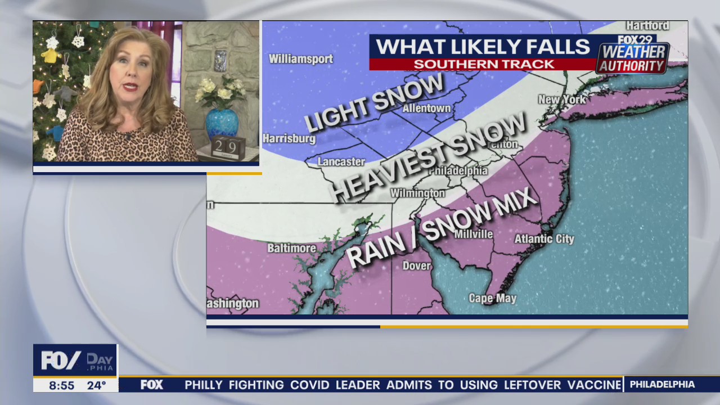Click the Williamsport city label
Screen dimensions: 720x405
click(300, 59)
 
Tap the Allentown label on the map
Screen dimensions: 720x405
click(426, 108)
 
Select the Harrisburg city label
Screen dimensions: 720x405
click(289, 138)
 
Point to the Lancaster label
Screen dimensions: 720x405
click(341, 162)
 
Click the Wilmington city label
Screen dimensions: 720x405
click(417, 193)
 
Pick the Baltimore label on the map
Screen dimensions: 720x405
click(291, 248)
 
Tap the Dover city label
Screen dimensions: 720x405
click(416, 266)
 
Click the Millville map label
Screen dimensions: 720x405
click(473, 234)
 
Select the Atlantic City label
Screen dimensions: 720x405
click(544, 239)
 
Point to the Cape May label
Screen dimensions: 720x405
click(492, 298)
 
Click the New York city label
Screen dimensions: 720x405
click(562, 100)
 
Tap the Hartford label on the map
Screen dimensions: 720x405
click(647, 26)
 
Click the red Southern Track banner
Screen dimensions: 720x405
click(484, 64)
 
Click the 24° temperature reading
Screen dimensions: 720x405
click(96, 385)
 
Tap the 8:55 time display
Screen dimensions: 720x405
click(61, 385)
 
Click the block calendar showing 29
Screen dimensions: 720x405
click(228, 147)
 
